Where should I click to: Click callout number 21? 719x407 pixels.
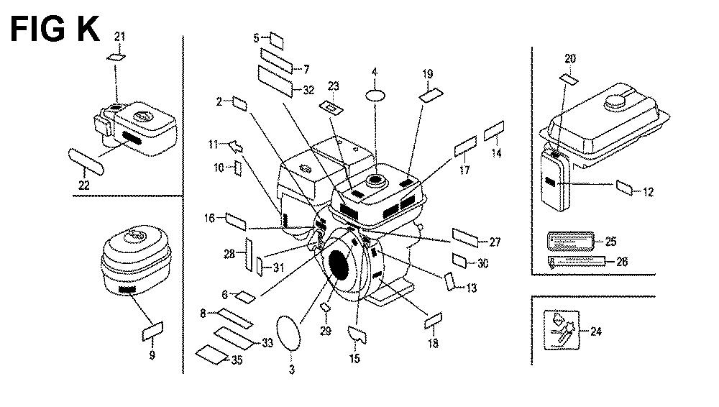[x=119, y=36]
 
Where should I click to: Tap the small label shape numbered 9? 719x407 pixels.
[x=152, y=331]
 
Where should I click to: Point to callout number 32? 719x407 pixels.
[x=308, y=90]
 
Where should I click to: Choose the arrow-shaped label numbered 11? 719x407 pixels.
[x=234, y=147]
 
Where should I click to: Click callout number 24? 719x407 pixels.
[x=595, y=331]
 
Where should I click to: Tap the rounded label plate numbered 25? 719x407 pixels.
[x=571, y=241]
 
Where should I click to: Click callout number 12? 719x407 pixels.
[x=648, y=192]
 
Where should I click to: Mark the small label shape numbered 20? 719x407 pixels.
[x=569, y=78]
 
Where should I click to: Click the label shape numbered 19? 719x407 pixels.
[x=431, y=94]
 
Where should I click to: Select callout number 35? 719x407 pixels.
[x=236, y=361]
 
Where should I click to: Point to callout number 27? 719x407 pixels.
[x=494, y=242]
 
